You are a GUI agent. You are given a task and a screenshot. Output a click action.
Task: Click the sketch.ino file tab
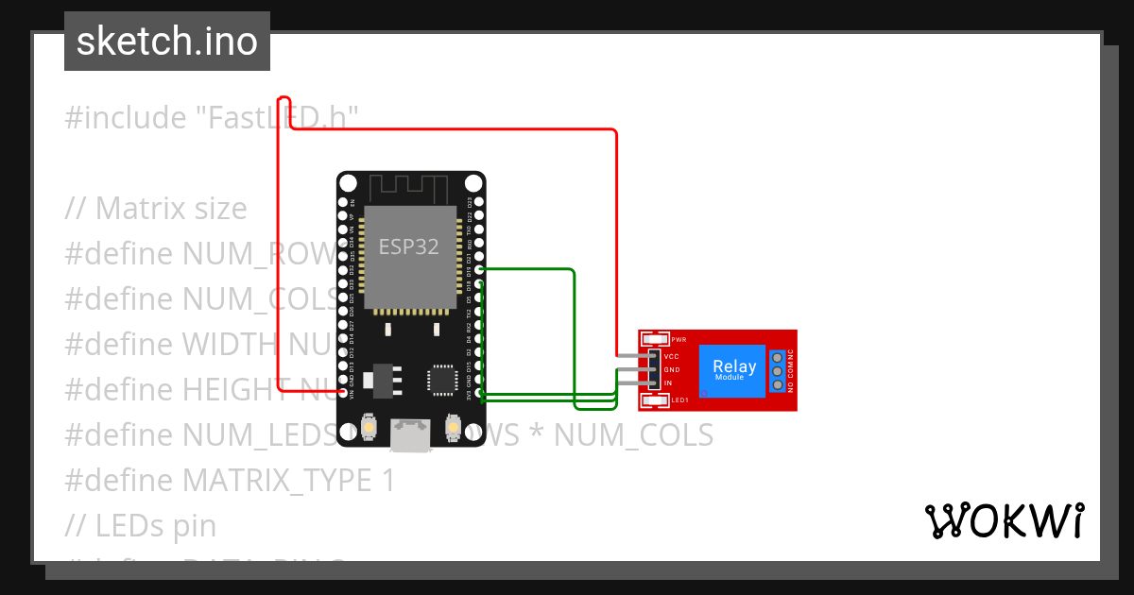pyautogui.click(x=166, y=42)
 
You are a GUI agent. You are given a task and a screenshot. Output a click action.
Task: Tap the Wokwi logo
pyautogui.click(x=1004, y=520)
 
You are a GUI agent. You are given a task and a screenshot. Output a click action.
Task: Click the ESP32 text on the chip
pyautogui.click(x=408, y=247)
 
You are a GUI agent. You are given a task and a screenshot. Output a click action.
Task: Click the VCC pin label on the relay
pyautogui.click(x=672, y=356)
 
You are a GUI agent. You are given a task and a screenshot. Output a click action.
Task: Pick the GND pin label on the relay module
pyautogui.click(x=672, y=369)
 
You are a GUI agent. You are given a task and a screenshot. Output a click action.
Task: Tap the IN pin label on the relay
pyautogui.click(x=668, y=382)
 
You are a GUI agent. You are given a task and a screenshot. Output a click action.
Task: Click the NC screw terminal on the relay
pyautogui.click(x=778, y=357)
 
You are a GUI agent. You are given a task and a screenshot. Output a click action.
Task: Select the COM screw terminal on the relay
pyautogui.click(x=778, y=371)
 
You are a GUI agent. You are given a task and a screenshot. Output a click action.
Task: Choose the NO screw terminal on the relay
pyautogui.click(x=778, y=385)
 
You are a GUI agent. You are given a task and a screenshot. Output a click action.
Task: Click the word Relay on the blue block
pyautogui.click(x=733, y=366)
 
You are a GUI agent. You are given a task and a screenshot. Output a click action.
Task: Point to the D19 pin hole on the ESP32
pyautogui.click(x=479, y=270)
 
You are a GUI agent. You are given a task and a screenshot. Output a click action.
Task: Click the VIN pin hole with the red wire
pyautogui.click(x=343, y=392)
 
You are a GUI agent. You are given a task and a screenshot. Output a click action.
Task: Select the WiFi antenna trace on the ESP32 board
pyautogui.click(x=411, y=186)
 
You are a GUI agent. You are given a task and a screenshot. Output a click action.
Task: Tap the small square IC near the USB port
pyautogui.click(x=441, y=378)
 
